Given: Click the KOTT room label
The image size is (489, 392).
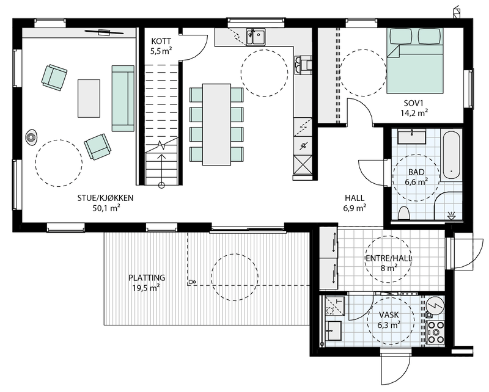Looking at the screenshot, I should point(163,41).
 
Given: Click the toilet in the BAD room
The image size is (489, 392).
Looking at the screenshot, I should point(403,212).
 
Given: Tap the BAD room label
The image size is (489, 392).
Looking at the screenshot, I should point(416,172).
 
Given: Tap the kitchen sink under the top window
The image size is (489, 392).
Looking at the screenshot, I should point(256,37).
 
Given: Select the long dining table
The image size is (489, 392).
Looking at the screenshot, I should point(216,125).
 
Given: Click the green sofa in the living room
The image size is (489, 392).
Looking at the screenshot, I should point(123,98).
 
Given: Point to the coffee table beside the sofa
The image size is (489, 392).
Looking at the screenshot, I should point(89,98).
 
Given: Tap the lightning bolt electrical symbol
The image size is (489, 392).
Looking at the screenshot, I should point(435,303).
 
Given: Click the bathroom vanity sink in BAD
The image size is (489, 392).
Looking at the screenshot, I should point(412,134).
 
